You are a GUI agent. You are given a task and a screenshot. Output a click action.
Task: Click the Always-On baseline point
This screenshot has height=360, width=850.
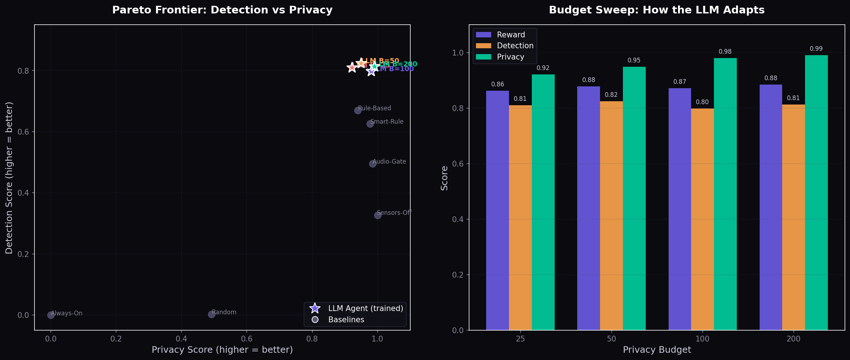click(51, 315)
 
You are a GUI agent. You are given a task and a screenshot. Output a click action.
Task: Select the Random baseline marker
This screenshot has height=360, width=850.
click(212, 314)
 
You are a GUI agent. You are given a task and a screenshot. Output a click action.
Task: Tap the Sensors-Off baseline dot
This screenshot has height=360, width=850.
click(378, 215)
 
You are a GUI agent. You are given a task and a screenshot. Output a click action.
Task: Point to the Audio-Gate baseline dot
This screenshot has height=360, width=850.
click(373, 164)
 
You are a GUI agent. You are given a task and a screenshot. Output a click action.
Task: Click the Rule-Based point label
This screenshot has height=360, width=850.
click(374, 108)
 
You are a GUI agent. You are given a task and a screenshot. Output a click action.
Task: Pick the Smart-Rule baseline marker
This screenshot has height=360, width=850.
click(370, 124)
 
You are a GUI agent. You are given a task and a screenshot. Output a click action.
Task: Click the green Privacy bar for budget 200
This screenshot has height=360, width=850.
click(816, 192)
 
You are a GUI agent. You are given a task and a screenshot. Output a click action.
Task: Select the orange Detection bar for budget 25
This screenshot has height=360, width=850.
click(520, 218)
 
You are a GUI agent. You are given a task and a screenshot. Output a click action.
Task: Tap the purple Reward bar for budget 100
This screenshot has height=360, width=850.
click(679, 209)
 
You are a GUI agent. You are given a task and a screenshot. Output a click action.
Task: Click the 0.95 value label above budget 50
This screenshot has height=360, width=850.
click(634, 60)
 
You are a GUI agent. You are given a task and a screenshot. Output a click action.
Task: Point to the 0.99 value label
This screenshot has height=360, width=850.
click(816, 49)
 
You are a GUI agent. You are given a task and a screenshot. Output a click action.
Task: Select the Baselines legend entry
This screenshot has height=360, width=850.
click(346, 320)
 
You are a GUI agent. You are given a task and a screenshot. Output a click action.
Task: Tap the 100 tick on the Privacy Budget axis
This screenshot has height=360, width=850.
click(702, 339)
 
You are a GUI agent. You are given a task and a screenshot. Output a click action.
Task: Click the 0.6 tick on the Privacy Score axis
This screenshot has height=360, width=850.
click(247, 339)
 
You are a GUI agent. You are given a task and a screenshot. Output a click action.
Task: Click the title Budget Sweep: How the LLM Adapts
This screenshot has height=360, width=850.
click(657, 10)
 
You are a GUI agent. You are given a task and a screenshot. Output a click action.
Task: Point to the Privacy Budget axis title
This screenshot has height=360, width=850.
click(657, 350)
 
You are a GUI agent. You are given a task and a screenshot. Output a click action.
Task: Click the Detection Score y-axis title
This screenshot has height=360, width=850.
click(9, 178)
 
